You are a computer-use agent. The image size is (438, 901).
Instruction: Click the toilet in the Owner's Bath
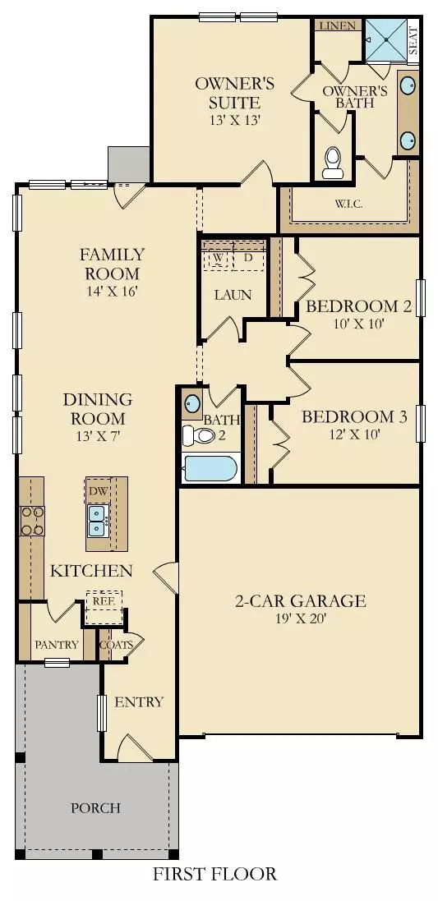tap(334, 162)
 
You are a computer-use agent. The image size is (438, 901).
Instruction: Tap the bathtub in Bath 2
tap(211, 469)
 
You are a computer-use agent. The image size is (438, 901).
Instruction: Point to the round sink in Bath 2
tap(192, 404)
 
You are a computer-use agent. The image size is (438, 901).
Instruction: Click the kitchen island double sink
tap(98, 517)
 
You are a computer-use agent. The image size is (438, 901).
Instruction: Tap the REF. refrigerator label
tap(103, 600)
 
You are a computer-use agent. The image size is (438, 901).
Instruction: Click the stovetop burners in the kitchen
tap(32, 520)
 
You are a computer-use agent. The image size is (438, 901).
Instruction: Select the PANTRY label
tap(57, 645)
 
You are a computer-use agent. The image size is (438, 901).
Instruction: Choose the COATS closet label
tap(116, 645)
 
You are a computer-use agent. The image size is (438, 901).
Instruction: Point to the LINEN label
tap(339, 26)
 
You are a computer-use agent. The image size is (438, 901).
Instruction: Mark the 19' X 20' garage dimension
tap(299, 620)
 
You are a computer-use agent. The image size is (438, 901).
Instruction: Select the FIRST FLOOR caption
tap(215, 874)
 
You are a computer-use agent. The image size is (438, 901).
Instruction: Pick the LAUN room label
tap(233, 295)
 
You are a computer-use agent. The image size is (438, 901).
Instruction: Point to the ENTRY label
tap(139, 702)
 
